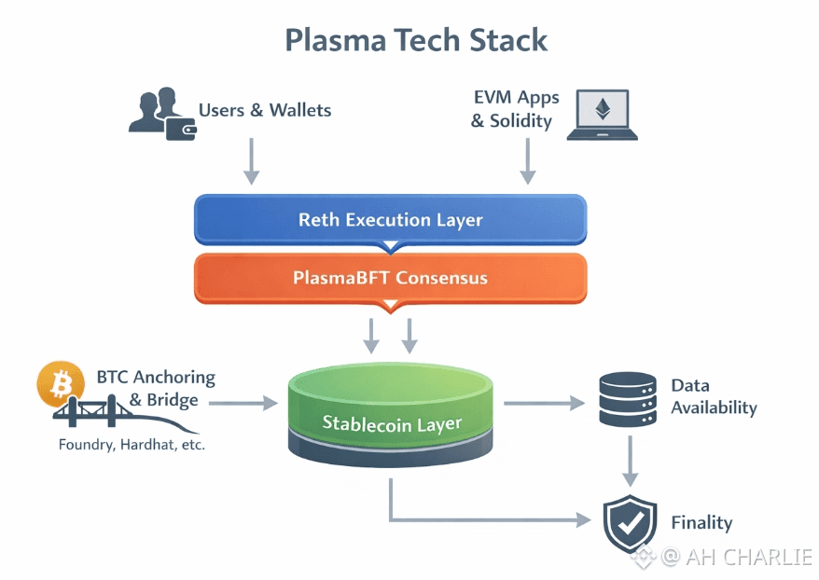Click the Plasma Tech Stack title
416,40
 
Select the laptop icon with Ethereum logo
602,115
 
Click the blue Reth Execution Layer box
390,220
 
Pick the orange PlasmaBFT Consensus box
390,278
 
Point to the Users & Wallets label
265,110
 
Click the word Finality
701,523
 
